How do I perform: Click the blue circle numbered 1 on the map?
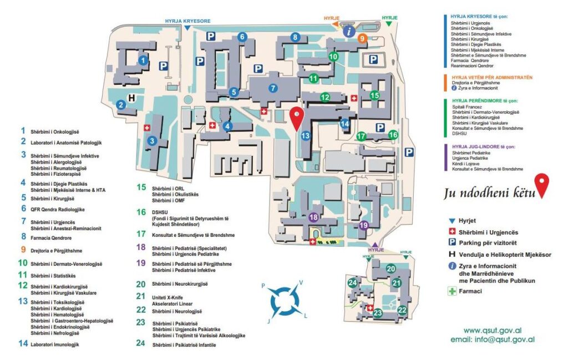[143, 60]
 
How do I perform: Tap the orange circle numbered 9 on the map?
[362, 38]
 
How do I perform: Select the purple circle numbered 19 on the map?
[364, 225]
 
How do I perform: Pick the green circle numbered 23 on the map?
[378, 313]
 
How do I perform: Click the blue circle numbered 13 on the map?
[305, 135]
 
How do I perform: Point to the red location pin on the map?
[297, 118]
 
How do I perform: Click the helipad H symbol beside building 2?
[131, 98]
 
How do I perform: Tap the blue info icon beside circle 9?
[348, 32]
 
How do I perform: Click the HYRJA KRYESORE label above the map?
[187, 21]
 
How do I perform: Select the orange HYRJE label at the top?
[332, 17]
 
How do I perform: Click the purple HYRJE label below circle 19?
[376, 250]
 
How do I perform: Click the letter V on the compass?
[301, 282]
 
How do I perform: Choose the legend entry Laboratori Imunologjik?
[55, 344]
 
